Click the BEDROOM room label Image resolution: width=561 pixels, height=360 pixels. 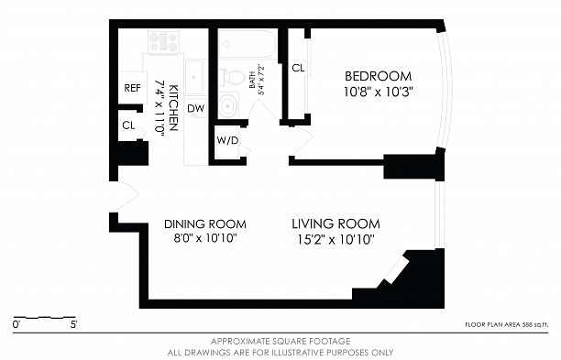379,76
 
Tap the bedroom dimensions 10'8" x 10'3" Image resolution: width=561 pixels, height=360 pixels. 379,93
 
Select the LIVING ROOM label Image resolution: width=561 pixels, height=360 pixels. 335,224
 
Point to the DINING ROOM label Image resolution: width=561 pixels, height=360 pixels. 205,224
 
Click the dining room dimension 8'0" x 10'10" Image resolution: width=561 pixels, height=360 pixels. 205,238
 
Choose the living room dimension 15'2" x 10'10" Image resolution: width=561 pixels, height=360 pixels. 335,239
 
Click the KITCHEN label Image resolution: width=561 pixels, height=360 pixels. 173,107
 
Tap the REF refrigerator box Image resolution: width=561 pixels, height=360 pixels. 132,88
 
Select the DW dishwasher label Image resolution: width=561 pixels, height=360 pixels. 195,108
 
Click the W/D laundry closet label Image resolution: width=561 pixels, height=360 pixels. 227,140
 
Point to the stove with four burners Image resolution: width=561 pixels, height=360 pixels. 164,42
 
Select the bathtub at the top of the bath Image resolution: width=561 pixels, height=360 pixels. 247,44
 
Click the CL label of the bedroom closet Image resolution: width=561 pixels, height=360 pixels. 298,68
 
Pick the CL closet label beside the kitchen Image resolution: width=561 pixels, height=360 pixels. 128,125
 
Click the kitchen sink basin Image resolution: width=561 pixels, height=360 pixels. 194,77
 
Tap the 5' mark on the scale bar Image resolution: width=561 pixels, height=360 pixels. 74,324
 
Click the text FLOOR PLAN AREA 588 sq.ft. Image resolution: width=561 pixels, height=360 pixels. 506,324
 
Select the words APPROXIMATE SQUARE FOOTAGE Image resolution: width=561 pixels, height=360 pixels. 280,341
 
